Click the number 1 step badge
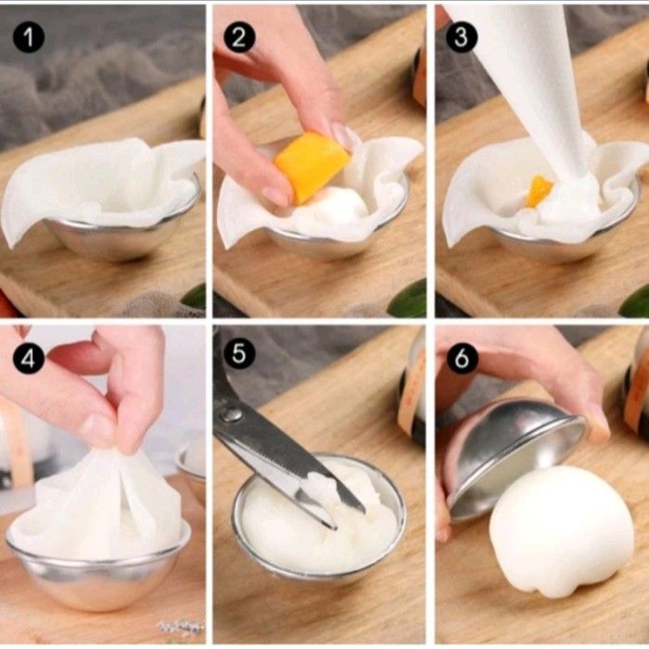tap(29, 38)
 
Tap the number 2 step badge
tap(239, 38)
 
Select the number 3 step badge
tap(462, 38)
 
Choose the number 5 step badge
tap(239, 354)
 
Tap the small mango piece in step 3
tap(538, 191)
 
